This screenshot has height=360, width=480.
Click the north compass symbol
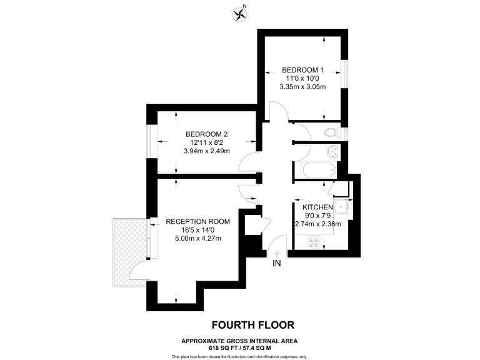[239, 12]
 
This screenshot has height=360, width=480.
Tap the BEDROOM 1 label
[303, 69]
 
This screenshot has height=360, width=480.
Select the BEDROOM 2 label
[206, 134]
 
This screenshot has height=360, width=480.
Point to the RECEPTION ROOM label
[197, 221]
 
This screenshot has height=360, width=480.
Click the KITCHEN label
[318, 207]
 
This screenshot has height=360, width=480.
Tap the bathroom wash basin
[332, 152]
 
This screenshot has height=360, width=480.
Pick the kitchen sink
[341, 207]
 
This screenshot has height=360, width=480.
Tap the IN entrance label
[277, 264]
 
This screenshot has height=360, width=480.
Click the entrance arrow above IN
[277, 252]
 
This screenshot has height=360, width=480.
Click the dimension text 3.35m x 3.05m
[303, 86]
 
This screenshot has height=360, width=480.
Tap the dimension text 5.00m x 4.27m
[197, 238]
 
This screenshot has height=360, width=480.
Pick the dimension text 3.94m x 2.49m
[206, 151]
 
